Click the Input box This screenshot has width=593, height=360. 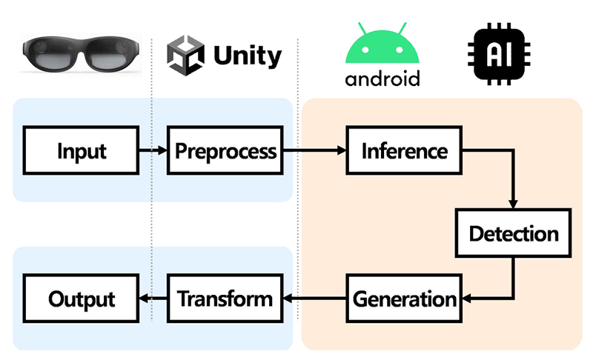pyautogui.click(x=81, y=150)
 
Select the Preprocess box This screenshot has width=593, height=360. pyautogui.click(x=225, y=150)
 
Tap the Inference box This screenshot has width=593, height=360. pyautogui.click(x=404, y=150)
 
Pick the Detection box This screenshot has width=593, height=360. pyautogui.click(x=513, y=233)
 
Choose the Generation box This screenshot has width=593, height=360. pyautogui.click(x=404, y=299)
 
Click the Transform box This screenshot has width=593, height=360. pyautogui.click(x=225, y=299)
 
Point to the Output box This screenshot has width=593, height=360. pyautogui.click(x=81, y=299)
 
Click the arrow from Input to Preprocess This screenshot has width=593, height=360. pyautogui.click(x=153, y=150)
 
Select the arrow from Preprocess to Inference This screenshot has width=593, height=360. pyautogui.click(x=314, y=150)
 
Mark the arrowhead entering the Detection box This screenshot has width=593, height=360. pyautogui.click(x=513, y=204)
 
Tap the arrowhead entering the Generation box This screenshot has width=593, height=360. pyautogui.click(x=467, y=299)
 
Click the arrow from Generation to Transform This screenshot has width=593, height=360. pyautogui.click(x=314, y=299)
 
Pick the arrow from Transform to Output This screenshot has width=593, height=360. pyautogui.click(x=153, y=299)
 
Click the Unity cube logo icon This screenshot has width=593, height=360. pyautogui.click(x=186, y=55)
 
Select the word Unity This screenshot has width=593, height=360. pyautogui.click(x=248, y=56)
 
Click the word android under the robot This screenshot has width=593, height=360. pyautogui.click(x=382, y=79)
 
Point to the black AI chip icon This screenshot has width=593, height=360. pyautogui.click(x=499, y=54)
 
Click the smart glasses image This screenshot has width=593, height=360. pyautogui.click(x=81, y=54)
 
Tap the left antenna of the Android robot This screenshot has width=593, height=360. pyautogui.click(x=362, y=28)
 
